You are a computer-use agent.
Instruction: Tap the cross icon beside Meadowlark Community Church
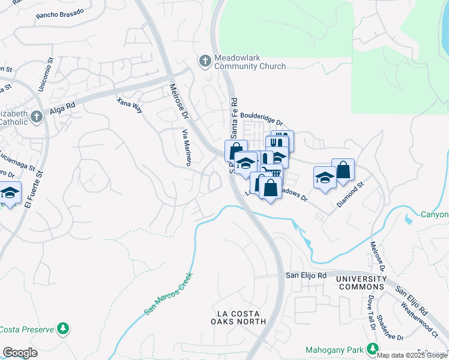click(x=205, y=61)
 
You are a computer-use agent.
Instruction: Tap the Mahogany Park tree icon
click(x=373, y=348)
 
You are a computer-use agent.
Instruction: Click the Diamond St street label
click(x=351, y=195)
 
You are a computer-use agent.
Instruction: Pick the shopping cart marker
click(x=272, y=172)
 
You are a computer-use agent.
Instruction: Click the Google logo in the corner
click(x=20, y=353)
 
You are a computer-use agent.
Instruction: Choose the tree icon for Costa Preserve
click(x=62, y=329)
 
